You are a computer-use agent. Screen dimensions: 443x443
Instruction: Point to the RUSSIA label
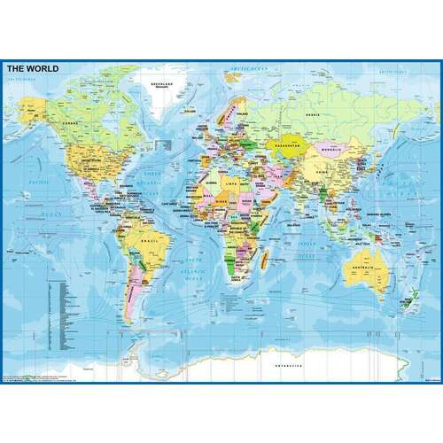311,113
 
